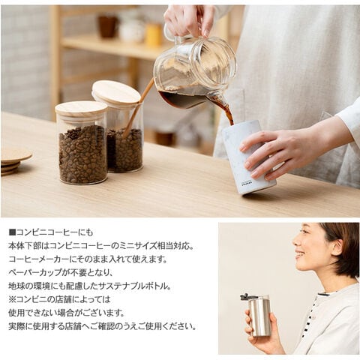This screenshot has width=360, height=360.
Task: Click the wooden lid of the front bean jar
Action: pos(81,108)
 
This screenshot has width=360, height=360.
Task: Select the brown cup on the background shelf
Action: pos(108,26)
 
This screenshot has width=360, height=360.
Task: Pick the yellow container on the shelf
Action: pos(154,34)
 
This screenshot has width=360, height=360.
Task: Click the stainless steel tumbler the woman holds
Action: pos(259,316)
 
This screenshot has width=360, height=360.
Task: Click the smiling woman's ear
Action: pos(337,247)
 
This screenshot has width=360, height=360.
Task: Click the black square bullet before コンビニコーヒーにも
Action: pos(12,232)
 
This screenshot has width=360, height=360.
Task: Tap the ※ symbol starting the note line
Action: pos(12,299)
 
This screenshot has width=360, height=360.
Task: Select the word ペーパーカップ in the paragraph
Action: pos(35,272)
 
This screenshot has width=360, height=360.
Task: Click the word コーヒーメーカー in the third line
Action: pos(38,259)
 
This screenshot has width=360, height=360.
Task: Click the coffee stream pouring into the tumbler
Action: pos(226,111)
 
